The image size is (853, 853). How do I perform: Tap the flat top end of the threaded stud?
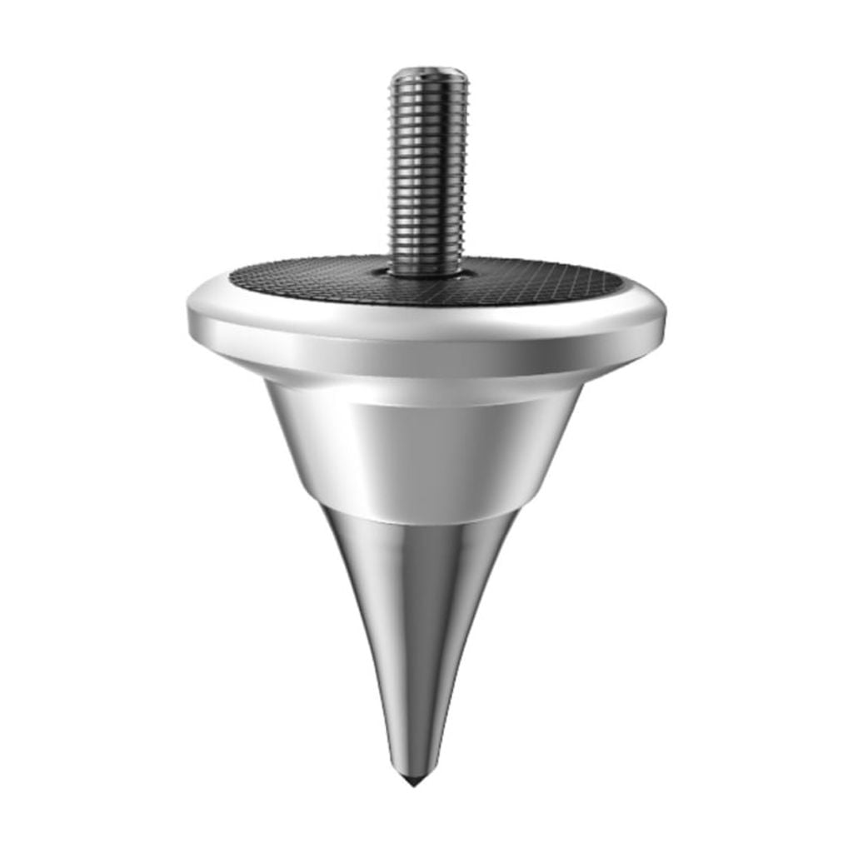[430, 72]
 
